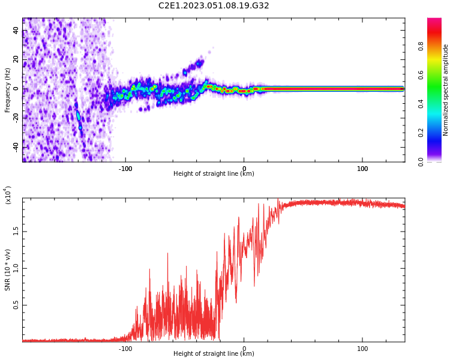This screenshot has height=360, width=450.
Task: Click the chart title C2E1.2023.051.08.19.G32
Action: [214, 5]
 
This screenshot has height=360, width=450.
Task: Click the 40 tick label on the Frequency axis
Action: [16, 31]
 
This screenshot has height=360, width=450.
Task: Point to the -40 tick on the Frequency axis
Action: [16, 147]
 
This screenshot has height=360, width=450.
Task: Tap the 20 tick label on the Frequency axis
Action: [16, 60]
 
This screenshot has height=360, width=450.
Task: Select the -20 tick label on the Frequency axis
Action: [16, 118]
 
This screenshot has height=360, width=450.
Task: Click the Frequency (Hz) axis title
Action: [7, 90]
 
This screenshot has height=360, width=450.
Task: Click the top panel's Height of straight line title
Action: [214, 174]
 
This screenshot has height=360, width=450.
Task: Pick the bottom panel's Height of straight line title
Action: [214, 354]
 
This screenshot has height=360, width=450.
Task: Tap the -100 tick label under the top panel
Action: [125, 169]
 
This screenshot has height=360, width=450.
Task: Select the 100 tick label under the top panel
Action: [362, 169]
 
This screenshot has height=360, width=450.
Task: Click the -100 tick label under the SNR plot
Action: [125, 349]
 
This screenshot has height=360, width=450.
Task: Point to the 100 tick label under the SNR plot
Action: [362, 349]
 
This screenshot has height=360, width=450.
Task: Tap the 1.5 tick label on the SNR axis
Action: [16, 231]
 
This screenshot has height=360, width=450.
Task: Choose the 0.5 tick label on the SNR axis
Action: [16, 305]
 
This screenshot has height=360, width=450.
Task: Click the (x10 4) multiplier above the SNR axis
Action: [8, 196]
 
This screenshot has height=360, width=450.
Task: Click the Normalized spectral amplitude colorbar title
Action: [446, 90]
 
